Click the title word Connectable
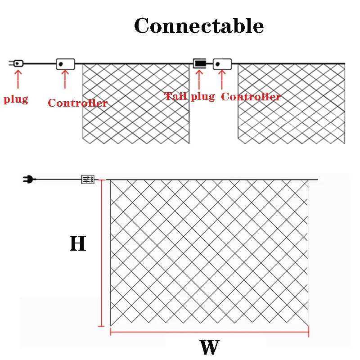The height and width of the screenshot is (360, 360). point(199,26)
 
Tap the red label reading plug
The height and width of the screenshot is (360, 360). point(16,99)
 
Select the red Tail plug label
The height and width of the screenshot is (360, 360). point(189,96)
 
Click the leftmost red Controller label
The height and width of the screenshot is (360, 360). point(77,103)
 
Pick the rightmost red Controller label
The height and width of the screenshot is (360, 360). point(251,97)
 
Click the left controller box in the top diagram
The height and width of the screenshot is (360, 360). point(65,64)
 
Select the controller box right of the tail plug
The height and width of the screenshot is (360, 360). point(222,63)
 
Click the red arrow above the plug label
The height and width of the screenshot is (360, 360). point(18,80)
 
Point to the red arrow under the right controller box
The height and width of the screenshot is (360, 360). point(221,80)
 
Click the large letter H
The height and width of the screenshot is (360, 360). point(77,244)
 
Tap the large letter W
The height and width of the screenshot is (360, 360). point(209,347)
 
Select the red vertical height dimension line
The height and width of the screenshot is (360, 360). point(101,252)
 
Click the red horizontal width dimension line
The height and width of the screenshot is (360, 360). point(209,333)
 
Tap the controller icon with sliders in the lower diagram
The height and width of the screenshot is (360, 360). point(87,180)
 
